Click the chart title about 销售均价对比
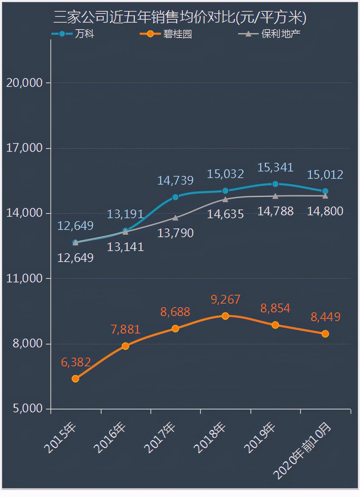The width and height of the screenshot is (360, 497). pyautogui.click(x=180, y=17)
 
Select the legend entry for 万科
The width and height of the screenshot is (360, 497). pyautogui.click(x=73, y=34)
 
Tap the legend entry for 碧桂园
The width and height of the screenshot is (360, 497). pyautogui.click(x=166, y=34)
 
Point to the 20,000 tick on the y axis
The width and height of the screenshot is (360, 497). pyautogui.click(x=24, y=83)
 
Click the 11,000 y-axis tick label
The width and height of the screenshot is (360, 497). pyautogui.click(x=24, y=279)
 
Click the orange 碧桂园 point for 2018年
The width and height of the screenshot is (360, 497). pyautogui.click(x=225, y=316)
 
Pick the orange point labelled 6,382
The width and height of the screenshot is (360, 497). pyautogui.click(x=75, y=379)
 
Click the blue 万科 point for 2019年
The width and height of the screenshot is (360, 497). pyautogui.click(x=275, y=184)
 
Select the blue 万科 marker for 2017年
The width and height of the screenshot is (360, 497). pyautogui.click(x=175, y=197)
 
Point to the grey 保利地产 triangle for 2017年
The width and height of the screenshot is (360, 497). pyautogui.click(x=175, y=218)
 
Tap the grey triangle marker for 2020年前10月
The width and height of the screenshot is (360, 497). pyautogui.click(x=325, y=196)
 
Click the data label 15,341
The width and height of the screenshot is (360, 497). pyautogui.click(x=275, y=167)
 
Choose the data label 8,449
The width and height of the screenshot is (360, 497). pyautogui.click(x=325, y=317)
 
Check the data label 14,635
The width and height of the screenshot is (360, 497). pyautogui.click(x=225, y=214)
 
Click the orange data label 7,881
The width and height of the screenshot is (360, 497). pyautogui.click(x=125, y=330)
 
